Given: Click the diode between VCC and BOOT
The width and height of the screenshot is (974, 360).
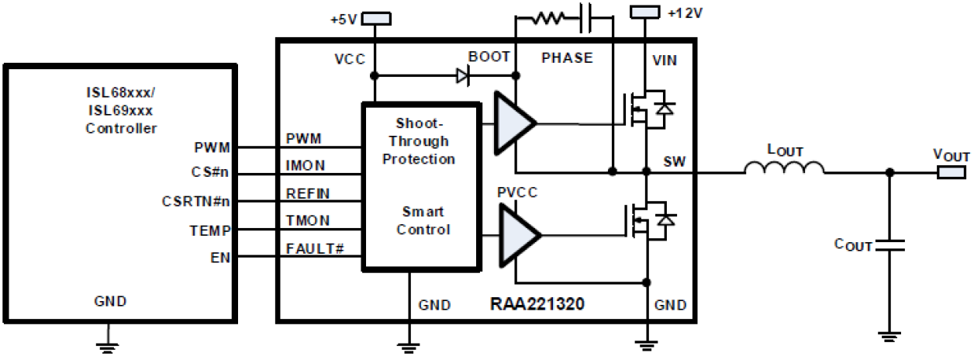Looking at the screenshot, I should tap(463, 76).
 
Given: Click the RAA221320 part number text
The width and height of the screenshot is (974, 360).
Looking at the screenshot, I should tap(536, 305).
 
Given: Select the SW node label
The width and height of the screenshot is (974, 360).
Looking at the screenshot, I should tap(672, 162).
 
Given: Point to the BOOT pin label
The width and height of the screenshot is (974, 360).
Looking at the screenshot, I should tap(489, 57).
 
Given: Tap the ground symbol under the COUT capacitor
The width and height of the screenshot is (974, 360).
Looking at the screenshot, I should tap(889, 335).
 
